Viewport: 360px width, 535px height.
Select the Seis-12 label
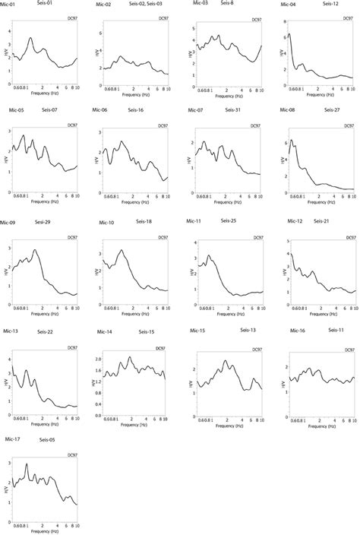click(331, 4)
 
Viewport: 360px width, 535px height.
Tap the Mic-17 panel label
click(11, 438)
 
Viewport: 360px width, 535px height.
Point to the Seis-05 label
click(48, 439)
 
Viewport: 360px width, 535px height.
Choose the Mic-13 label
click(11, 332)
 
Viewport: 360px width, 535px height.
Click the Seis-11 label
click(336, 331)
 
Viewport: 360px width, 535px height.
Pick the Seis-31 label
click(233, 110)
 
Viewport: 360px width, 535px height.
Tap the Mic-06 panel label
click(99, 111)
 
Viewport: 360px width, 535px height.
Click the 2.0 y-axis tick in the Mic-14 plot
click(96, 358)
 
